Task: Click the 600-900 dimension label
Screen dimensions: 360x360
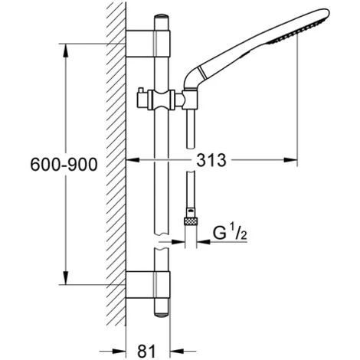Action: point(64,164)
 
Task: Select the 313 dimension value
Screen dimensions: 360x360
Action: point(211,160)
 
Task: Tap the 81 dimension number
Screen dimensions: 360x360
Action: point(146,351)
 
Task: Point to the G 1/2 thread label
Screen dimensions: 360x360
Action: point(230,231)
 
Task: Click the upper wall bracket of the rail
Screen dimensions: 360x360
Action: point(148,43)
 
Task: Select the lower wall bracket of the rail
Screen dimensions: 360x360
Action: point(148,285)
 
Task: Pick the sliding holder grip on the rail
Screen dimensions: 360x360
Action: point(162,100)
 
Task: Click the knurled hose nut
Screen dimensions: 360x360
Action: point(191,221)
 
